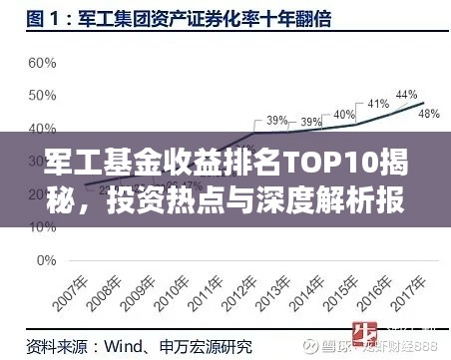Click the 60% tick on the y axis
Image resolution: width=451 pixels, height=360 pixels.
[x=42, y=63]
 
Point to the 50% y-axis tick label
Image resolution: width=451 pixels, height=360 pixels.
[x=42, y=96]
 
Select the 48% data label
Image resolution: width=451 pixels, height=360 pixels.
[x=429, y=114]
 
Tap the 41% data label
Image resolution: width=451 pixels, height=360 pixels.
[x=378, y=104]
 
